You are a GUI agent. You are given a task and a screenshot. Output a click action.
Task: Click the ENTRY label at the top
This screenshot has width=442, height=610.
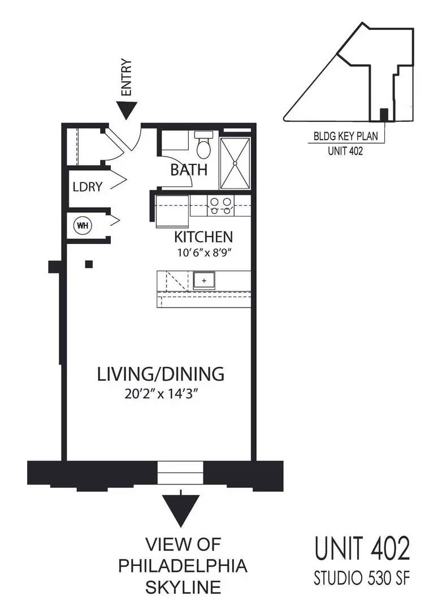pos(127,77)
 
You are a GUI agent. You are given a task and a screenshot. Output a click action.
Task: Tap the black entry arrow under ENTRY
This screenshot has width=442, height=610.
pos(127,110)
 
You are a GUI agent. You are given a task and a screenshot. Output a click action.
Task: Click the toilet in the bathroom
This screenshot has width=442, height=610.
pos(203,145)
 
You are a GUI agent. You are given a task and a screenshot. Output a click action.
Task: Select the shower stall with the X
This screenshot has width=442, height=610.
pos(235,163)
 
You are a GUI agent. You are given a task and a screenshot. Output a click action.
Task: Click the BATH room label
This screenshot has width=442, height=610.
pos(189,170)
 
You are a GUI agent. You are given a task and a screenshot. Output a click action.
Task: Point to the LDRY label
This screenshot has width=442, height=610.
pos(88,187)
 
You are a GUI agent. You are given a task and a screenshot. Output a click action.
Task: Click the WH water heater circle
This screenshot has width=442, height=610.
pos(82,225)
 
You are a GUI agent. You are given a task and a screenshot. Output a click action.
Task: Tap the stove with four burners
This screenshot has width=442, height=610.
pos(220,206)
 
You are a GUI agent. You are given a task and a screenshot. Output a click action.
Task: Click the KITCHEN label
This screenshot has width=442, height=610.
pos(203,237)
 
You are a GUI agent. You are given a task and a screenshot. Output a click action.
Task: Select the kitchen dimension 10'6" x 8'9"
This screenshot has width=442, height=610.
pos(205,253)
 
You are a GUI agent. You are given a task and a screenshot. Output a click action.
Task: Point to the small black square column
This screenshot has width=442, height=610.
pos(89,264)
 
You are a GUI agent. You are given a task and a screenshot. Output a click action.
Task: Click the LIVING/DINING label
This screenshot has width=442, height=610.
pos(161,374)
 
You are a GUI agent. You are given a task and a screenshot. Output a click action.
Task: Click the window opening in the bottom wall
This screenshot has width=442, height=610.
pos(181,472)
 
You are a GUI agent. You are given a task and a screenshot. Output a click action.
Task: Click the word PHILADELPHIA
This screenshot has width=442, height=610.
pos(183,566)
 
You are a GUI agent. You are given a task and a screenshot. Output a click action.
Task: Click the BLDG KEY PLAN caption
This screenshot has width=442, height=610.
pos(346,137)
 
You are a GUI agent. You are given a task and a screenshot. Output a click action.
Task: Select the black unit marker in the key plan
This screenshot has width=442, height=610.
pos(384,114)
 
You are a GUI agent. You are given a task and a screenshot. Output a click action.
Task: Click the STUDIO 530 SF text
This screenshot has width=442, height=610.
pos(362,578)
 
